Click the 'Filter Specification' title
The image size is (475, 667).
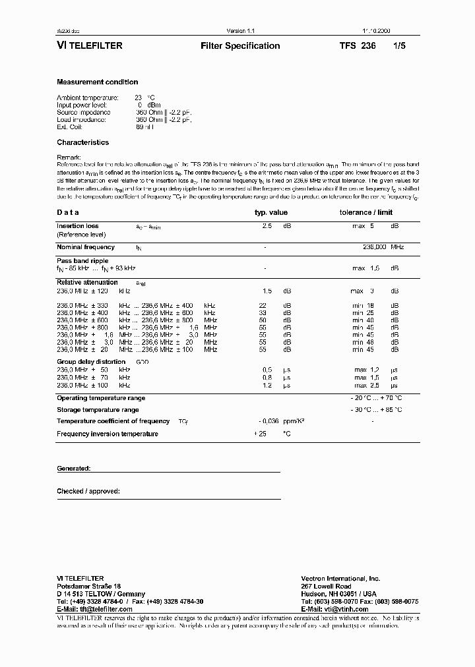point(239,46)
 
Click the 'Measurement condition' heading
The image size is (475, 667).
point(98,82)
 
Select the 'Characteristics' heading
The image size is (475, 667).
point(83,142)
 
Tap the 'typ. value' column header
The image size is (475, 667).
point(271,213)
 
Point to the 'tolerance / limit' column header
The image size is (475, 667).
point(366,213)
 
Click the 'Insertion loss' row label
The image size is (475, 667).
point(78,226)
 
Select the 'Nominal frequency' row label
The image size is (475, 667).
point(86,247)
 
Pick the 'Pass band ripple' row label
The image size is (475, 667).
point(82,261)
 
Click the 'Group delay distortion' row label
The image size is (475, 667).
point(91,362)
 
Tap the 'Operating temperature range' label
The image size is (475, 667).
point(101,398)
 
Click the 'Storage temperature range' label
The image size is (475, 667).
point(98,410)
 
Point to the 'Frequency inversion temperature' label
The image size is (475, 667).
point(108,434)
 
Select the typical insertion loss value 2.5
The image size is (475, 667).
point(267,226)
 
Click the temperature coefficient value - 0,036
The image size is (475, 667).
point(270,421)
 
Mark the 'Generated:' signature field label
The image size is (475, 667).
point(73,468)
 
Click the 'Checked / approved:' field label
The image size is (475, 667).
point(88,491)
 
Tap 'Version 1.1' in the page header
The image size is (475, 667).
point(240,31)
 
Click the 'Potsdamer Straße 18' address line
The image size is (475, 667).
point(89,586)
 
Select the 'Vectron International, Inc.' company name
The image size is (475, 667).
point(340,578)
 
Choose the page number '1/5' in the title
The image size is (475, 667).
point(399,46)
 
